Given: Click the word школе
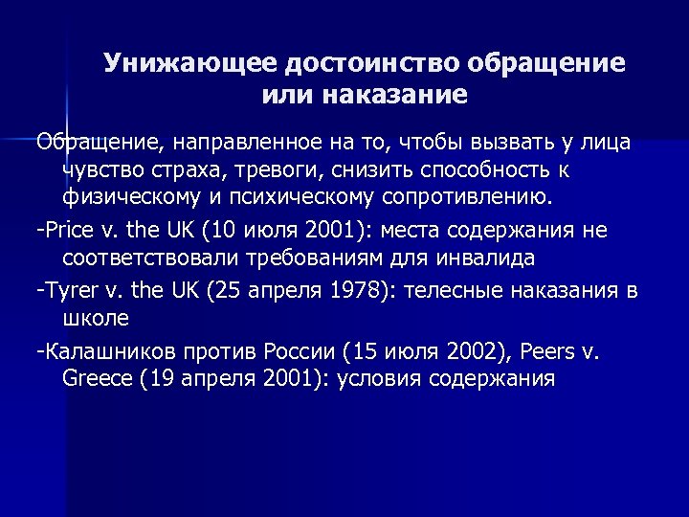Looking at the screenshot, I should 95,317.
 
